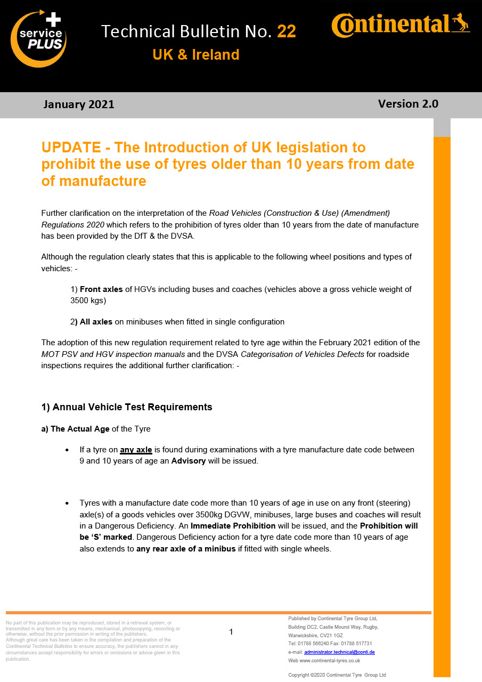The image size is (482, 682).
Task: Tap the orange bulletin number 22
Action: pos(287,31)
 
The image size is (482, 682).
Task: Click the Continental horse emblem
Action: pos(460,22)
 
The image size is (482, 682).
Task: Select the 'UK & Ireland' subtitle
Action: pos(195,55)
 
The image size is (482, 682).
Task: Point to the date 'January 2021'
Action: pos(79,104)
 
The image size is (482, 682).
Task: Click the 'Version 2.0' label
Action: pos(408,104)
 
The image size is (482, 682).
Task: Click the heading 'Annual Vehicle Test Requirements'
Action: pos(132,407)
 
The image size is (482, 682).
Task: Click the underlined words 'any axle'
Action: pos(136,450)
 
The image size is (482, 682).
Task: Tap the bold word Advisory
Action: pos(189,461)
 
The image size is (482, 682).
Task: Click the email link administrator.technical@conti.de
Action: pos(339,652)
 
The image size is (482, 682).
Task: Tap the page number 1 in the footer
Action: pos(231,632)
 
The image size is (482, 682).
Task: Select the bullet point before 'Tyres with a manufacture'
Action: pos(67,504)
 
